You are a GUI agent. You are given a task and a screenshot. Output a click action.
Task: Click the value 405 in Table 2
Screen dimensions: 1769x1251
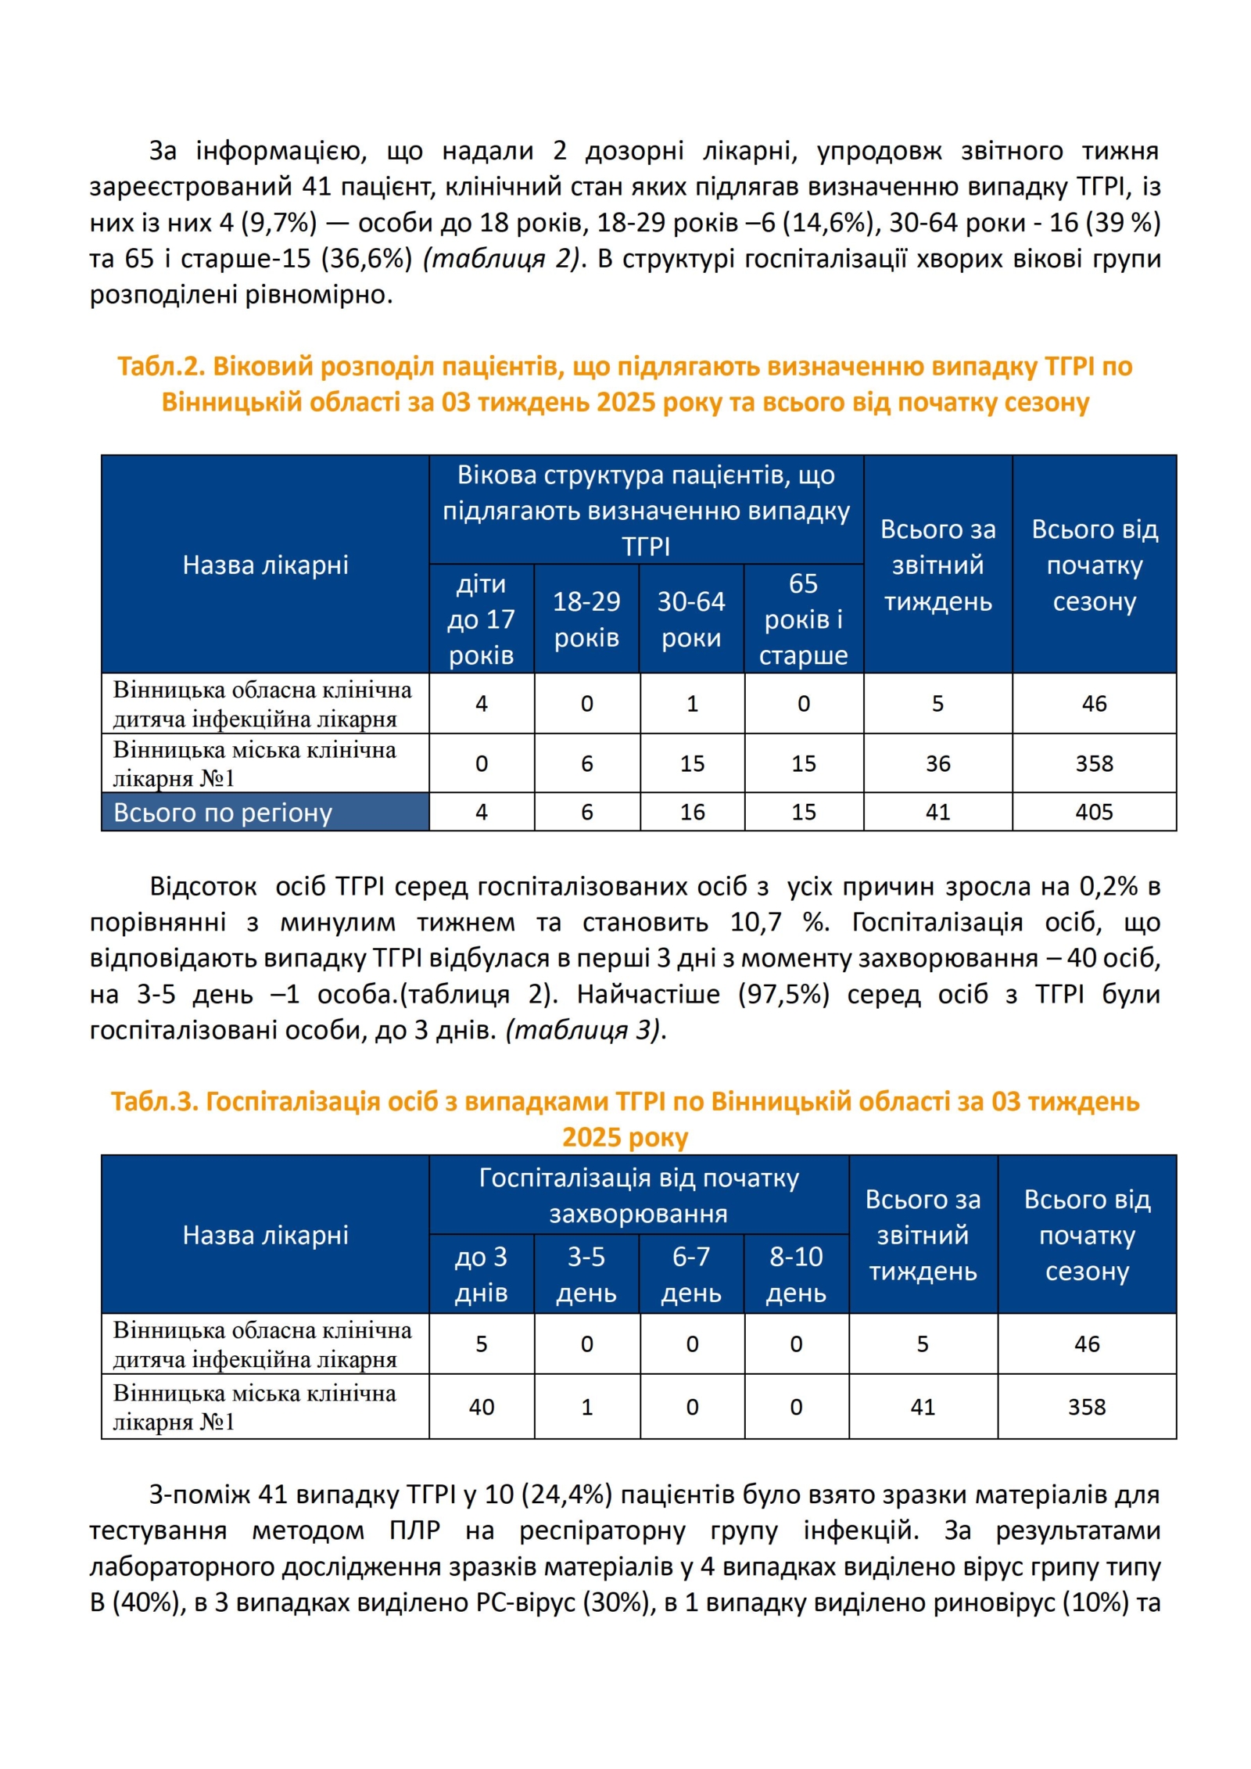pos(1093,812)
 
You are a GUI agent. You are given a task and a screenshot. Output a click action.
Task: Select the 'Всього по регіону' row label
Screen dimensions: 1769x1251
pos(223,813)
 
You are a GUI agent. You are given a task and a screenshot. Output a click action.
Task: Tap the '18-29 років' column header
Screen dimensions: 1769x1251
pos(586,619)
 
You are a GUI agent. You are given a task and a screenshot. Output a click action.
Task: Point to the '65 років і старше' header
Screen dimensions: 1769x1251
pos(803,619)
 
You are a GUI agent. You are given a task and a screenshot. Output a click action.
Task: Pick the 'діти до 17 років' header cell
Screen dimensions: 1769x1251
pos(481,619)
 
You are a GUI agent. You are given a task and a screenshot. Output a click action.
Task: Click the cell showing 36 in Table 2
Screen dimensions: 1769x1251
pos(937,763)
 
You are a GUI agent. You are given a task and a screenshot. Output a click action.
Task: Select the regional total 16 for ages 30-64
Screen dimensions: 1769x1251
pos(692,812)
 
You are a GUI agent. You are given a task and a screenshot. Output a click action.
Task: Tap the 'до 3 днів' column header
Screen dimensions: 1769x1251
pos(481,1274)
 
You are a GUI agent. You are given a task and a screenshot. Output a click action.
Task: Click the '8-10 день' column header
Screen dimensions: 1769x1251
pos(796,1274)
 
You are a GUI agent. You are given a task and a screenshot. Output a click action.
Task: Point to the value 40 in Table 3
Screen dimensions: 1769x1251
pos(481,1407)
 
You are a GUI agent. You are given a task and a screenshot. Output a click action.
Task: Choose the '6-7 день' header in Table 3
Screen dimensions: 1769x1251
pos(691,1274)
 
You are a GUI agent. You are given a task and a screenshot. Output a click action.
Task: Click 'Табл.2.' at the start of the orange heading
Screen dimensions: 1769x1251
pos(161,366)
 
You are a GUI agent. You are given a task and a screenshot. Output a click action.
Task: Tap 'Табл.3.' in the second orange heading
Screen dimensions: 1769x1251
pos(154,1101)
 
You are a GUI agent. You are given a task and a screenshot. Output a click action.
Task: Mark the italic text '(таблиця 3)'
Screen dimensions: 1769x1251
pos(584,1029)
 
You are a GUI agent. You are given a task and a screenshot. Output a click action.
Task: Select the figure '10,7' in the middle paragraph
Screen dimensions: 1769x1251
pos(755,922)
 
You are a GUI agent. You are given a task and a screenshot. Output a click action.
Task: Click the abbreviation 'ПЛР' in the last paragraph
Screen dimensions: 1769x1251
pos(414,1530)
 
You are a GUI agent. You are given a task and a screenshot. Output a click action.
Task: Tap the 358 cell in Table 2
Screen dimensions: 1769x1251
pos(1093,763)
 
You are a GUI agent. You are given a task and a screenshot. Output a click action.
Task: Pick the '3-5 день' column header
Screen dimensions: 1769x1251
pos(586,1274)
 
